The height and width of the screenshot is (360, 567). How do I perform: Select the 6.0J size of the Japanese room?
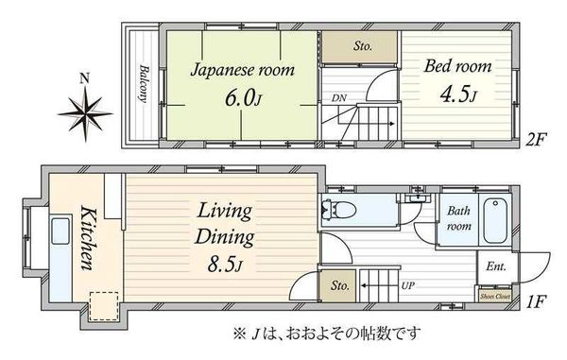pyautogui.click(x=243, y=97)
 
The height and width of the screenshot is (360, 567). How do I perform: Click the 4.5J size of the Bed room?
pyautogui.click(x=458, y=94)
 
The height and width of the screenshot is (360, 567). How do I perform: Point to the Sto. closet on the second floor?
pyautogui.click(x=360, y=47)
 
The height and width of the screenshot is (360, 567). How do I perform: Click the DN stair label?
pyautogui.click(x=339, y=97)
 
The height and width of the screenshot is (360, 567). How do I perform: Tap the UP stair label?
pyautogui.click(x=407, y=285)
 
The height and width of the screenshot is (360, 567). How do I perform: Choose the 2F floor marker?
pyautogui.click(x=537, y=139)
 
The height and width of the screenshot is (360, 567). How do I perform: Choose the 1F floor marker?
pyautogui.click(x=535, y=301)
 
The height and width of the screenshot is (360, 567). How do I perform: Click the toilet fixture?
pyautogui.click(x=338, y=210)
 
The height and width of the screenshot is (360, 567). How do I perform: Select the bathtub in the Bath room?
pyautogui.click(x=495, y=220)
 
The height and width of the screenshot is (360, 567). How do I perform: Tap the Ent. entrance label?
pyautogui.click(x=495, y=266)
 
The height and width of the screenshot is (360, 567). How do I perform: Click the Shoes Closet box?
pyautogui.click(x=494, y=296)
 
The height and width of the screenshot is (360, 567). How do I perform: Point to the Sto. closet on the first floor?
pyautogui.click(x=338, y=285)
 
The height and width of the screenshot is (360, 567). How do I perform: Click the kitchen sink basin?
pyautogui.click(x=60, y=231)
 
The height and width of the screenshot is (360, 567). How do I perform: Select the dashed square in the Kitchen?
pyautogui.click(x=104, y=306)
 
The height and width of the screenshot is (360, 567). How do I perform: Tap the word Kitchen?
pyautogui.click(x=87, y=237)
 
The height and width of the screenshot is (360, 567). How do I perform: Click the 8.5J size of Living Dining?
pyautogui.click(x=225, y=265)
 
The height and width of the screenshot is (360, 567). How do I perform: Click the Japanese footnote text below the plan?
pyautogui.click(x=327, y=334)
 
